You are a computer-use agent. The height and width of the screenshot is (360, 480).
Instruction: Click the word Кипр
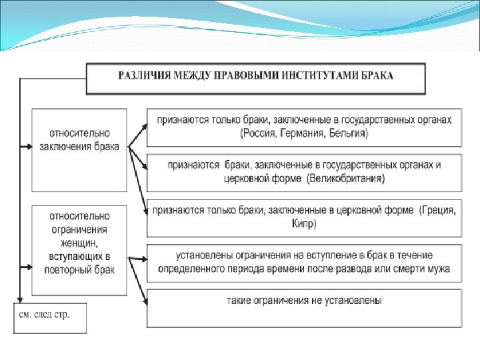[x=305, y=224]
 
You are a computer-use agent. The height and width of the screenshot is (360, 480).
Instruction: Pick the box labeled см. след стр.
[x=51, y=317]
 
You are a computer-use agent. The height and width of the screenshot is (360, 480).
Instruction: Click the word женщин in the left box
[x=79, y=243]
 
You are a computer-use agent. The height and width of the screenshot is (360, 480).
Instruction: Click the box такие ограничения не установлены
[x=303, y=307]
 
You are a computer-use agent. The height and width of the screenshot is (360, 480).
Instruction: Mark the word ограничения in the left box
[x=79, y=229]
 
